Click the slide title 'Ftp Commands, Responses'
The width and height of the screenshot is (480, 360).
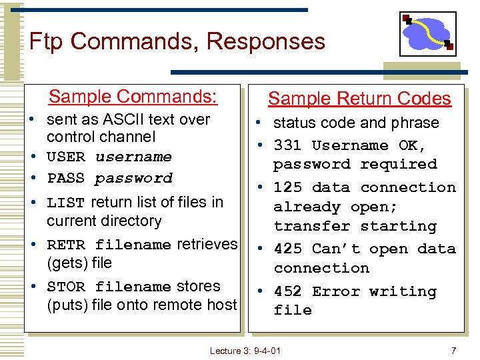click(177, 41)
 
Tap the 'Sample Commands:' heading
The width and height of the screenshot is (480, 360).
click(133, 97)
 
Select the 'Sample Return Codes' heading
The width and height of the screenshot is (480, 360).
click(359, 99)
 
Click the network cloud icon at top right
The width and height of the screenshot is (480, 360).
click(427, 33)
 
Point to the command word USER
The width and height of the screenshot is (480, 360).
click(66, 157)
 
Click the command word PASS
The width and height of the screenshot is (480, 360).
click(66, 179)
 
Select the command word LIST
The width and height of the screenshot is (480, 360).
click(66, 203)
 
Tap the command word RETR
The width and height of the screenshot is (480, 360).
click(66, 245)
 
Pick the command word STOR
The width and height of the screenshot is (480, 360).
click(66, 287)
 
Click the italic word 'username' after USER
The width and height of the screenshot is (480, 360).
click(133, 157)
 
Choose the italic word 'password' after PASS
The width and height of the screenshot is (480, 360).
click(133, 179)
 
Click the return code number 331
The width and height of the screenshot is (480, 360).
click(288, 145)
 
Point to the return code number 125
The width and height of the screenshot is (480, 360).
click(288, 188)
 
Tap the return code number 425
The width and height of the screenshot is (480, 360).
click(288, 249)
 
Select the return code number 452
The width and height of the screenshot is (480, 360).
click(288, 291)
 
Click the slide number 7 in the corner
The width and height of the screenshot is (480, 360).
click(453, 351)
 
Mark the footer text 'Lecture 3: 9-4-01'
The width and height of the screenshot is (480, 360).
click(245, 351)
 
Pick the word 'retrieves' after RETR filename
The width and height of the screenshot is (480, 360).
click(207, 245)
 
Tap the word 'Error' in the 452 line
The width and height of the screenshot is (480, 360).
click(336, 291)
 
